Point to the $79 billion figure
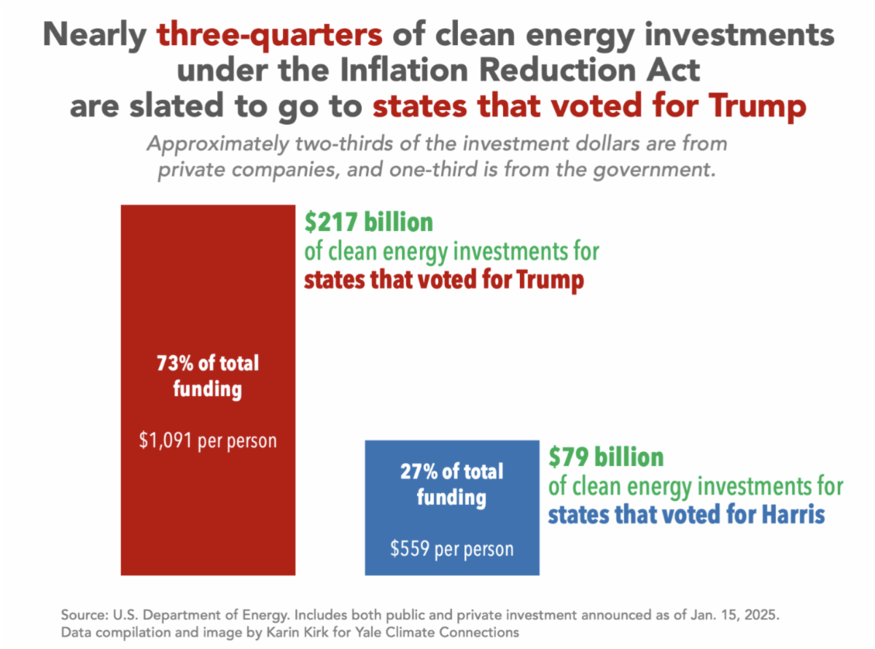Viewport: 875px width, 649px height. pyautogui.click(x=606, y=457)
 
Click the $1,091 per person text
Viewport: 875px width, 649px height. pyautogui.click(x=208, y=441)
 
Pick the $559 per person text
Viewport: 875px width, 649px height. pyautogui.click(x=452, y=548)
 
